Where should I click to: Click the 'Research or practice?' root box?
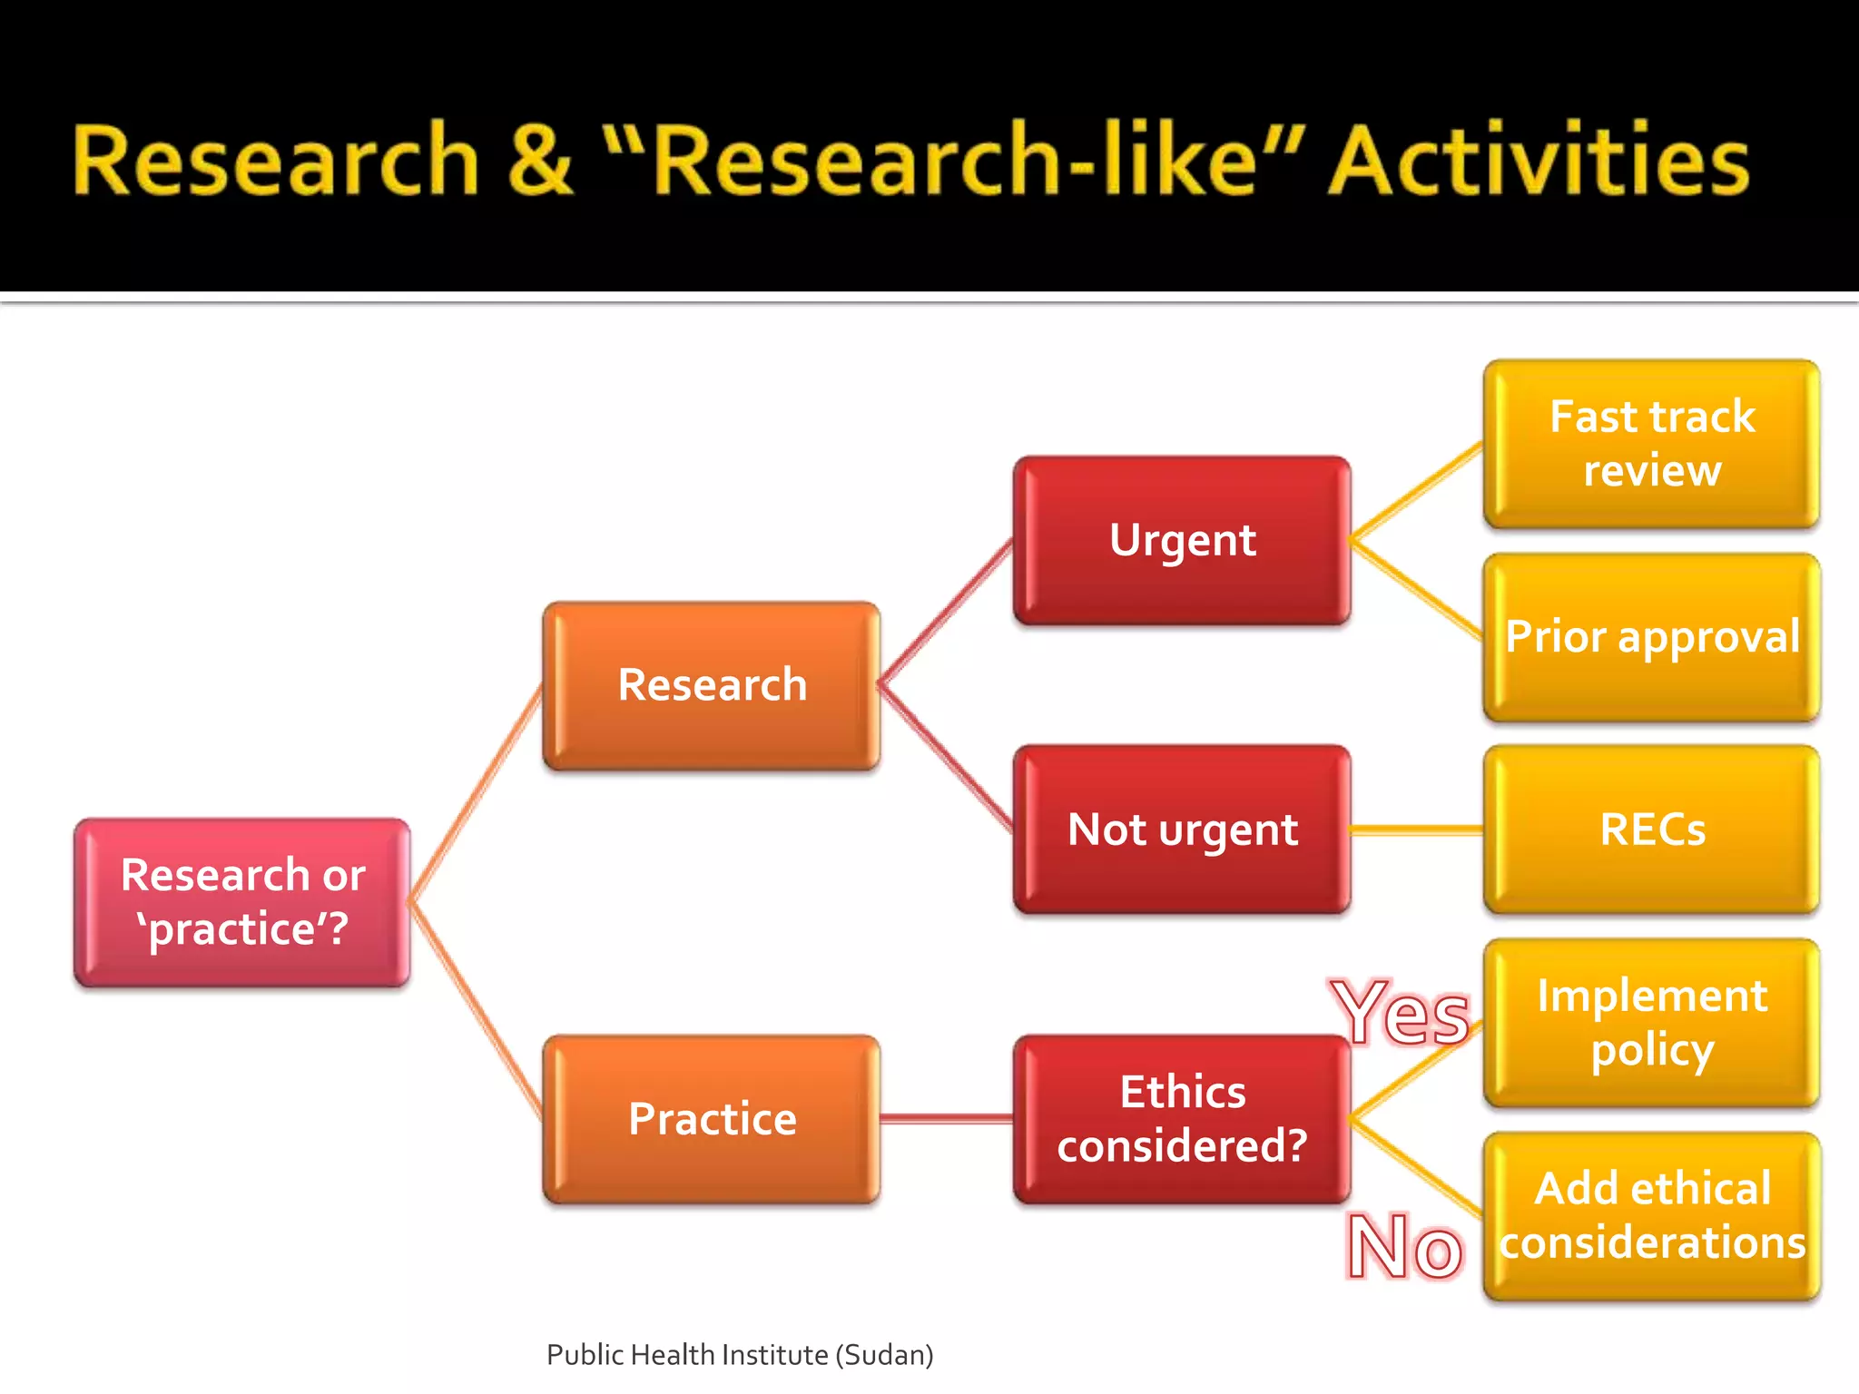point(242,902)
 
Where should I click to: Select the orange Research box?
point(712,685)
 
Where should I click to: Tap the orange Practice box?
point(712,1119)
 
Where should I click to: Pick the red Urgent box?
point(1182,541)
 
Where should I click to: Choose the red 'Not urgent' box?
point(1182,830)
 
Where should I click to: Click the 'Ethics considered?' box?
point(1182,1119)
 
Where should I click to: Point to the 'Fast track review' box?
point(1651,444)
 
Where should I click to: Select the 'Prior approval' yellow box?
point(1651,637)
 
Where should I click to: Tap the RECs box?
point(1651,830)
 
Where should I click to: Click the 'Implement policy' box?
point(1651,1023)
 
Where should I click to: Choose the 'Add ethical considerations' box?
point(1651,1216)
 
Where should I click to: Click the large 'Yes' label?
point(1400,1014)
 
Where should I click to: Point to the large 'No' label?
point(1404,1248)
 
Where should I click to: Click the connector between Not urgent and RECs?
point(1417,830)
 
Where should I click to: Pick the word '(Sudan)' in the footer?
point(884,1355)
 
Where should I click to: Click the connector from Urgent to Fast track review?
point(1417,492)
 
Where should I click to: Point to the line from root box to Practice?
point(476,1010)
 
